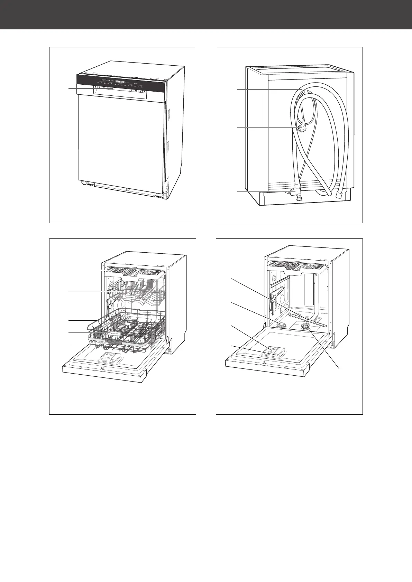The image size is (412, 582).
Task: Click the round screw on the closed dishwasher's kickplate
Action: point(127,189)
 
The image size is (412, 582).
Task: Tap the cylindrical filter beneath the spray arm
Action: point(306,327)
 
